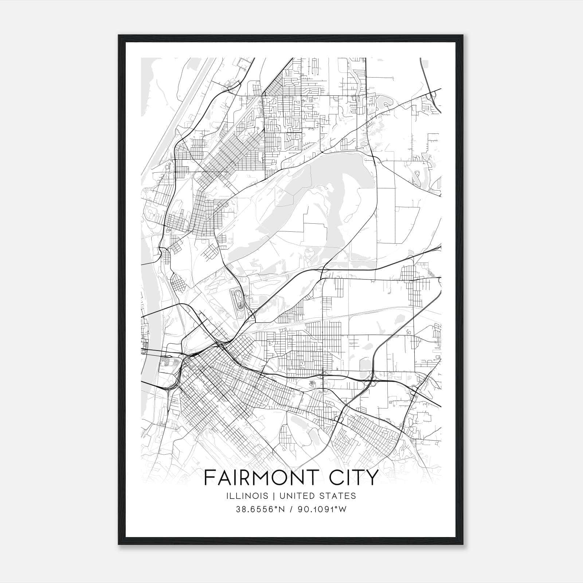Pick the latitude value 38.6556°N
[260, 509]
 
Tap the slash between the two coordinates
[291, 509]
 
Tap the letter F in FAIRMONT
[208, 478]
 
